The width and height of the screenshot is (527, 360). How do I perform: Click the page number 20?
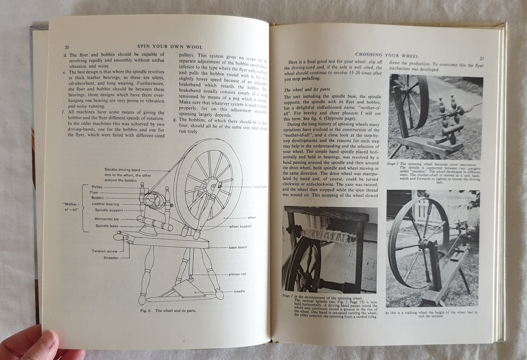point(67,47)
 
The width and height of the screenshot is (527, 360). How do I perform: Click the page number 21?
point(481,58)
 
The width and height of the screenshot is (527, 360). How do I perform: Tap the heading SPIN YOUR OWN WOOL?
point(170,47)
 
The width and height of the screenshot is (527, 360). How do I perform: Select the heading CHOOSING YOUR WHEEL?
point(387,55)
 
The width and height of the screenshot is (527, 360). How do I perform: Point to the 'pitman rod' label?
point(237,274)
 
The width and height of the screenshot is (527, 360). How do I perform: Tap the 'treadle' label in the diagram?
point(239,291)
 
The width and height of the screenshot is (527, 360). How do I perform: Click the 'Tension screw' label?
point(105,251)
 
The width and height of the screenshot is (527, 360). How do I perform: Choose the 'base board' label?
point(238,247)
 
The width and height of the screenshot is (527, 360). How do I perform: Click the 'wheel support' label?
point(240,226)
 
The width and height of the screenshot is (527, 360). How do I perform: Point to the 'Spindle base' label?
point(107,226)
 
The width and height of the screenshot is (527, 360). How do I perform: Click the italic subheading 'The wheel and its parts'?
point(307,90)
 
